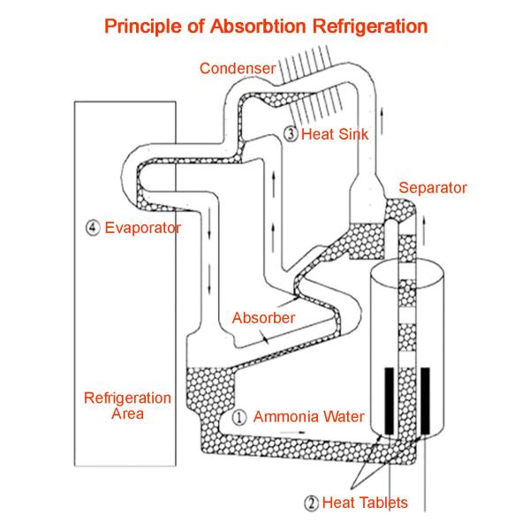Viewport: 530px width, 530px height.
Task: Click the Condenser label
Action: click(x=238, y=68)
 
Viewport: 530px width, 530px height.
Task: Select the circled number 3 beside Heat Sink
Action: click(x=291, y=134)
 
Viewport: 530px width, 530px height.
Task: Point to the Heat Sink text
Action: click(x=334, y=134)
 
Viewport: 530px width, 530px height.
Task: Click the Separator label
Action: click(x=433, y=187)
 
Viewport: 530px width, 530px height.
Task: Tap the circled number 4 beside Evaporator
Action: click(x=93, y=228)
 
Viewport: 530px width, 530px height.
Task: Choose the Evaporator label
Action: click(x=142, y=228)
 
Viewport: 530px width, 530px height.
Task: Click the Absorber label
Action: click(x=263, y=318)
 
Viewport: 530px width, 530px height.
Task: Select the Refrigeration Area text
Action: click(x=127, y=405)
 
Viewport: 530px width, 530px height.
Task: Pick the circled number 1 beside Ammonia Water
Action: click(x=239, y=417)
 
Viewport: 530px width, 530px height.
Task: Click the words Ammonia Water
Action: click(x=308, y=417)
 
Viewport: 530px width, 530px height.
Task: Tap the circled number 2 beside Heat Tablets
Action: click(x=311, y=503)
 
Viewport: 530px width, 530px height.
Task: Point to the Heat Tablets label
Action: click(x=365, y=503)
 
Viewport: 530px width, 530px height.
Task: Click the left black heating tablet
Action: click(x=390, y=400)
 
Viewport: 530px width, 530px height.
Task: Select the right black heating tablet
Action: click(x=425, y=400)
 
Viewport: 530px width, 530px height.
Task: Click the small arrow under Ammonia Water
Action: click(x=292, y=432)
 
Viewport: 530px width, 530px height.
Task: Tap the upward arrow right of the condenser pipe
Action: click(x=382, y=121)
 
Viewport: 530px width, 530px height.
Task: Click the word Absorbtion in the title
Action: click(x=258, y=26)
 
